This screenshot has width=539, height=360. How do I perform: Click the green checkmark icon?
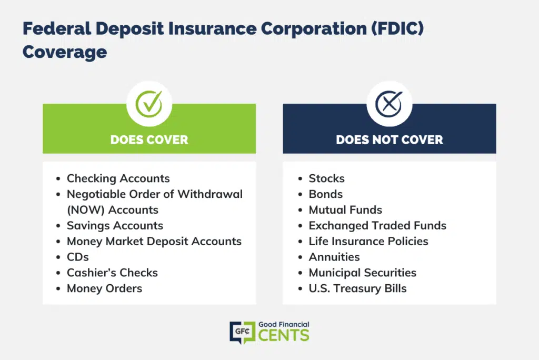[x=149, y=104]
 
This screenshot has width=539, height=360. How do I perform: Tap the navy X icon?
[x=389, y=104]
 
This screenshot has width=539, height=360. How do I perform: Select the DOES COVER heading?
[x=149, y=139]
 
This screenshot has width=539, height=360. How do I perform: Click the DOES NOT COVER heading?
[x=390, y=139]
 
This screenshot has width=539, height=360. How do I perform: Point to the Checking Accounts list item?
[x=118, y=178]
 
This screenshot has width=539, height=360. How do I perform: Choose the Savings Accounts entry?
[x=115, y=226]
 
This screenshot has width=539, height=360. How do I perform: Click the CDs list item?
[x=78, y=257]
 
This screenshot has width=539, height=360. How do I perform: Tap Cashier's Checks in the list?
[x=112, y=273]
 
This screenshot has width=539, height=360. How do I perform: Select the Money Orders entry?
[x=105, y=288]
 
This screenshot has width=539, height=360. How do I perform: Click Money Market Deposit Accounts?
[x=154, y=242]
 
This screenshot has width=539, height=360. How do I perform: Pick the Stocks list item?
[x=326, y=178]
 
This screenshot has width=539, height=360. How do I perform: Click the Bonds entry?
[x=325, y=194]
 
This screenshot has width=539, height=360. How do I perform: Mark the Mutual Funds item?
[x=345, y=210]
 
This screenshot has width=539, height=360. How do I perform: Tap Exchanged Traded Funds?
[x=377, y=226]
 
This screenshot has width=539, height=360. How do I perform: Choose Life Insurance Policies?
[x=368, y=242]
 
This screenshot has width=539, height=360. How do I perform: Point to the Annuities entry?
[x=334, y=257]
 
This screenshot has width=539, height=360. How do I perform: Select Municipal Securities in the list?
[x=362, y=273]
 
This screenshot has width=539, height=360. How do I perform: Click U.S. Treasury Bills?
[x=357, y=288]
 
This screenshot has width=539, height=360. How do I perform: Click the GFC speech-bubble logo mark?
[x=242, y=333]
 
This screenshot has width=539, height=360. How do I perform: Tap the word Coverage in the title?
[x=65, y=52]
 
